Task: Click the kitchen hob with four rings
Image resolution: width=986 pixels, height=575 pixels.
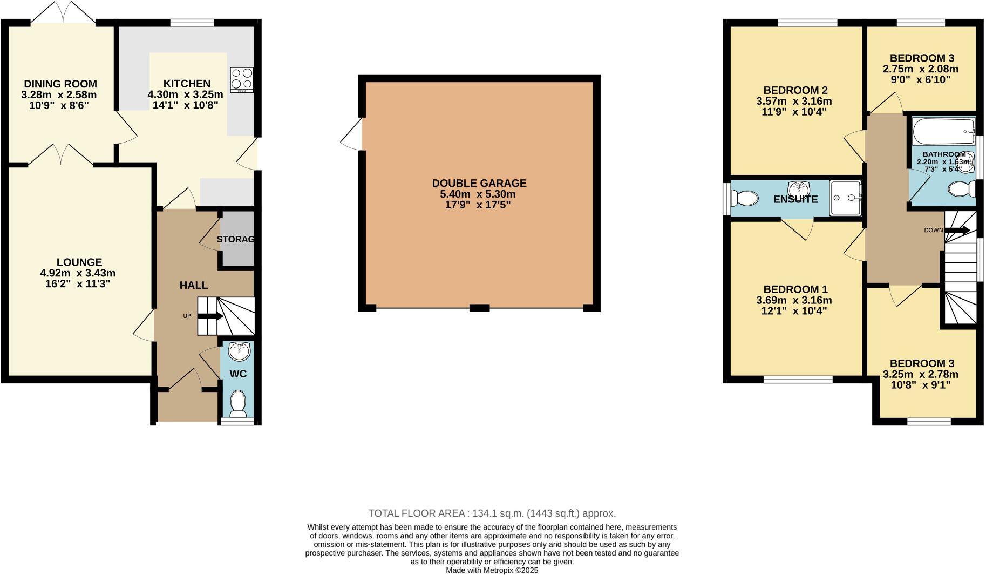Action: click(x=241, y=79)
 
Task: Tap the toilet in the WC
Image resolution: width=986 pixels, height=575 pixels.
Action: click(x=238, y=403)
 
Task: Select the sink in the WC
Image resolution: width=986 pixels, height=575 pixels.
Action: click(x=239, y=351)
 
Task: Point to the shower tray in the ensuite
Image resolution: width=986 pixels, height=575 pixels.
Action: click(x=845, y=198)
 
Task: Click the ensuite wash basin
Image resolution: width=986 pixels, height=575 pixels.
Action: click(x=799, y=189)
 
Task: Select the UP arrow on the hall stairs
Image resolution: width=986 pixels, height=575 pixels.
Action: click(x=211, y=316)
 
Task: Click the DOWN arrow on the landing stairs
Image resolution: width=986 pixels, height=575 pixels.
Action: click(x=957, y=231)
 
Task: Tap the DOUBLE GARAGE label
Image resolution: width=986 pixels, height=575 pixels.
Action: click(x=479, y=183)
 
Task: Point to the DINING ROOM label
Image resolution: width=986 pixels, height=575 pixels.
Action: click(x=60, y=84)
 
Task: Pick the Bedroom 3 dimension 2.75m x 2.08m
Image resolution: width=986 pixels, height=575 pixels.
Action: click(x=921, y=69)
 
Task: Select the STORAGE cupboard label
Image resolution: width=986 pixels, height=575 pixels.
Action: click(x=235, y=239)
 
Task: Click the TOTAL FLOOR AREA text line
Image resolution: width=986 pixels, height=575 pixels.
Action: click(x=492, y=513)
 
